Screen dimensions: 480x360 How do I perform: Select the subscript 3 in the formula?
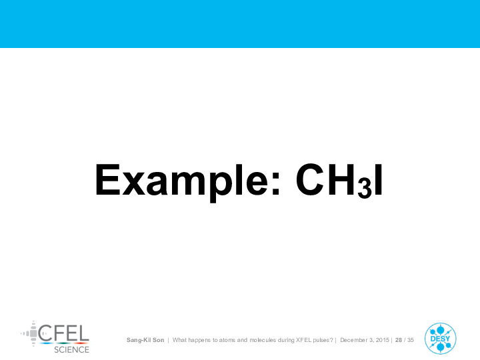point(365,187)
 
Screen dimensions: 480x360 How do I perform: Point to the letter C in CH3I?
point(310,180)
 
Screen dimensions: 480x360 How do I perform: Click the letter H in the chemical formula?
point(342,180)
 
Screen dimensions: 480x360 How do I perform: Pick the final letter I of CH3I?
point(379,180)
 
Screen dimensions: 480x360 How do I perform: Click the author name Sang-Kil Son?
point(145,340)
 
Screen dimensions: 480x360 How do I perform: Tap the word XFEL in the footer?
point(304,340)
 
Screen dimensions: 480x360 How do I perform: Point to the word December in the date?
point(353,340)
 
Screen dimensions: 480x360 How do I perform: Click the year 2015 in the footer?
point(383,340)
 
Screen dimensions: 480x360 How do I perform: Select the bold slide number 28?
point(399,340)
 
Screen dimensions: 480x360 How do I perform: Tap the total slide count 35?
point(411,340)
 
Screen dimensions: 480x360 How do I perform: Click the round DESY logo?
point(440,339)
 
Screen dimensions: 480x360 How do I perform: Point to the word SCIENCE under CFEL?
point(71,349)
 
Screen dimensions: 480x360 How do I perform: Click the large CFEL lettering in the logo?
point(64,333)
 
